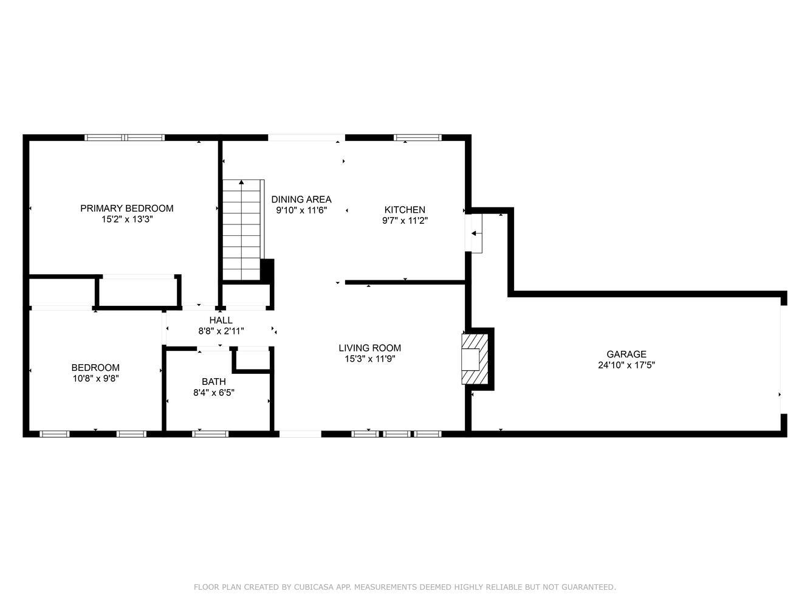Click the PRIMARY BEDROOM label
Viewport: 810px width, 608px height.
click(x=126, y=208)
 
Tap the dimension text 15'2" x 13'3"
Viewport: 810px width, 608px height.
click(x=128, y=219)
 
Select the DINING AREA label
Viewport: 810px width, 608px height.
click(x=301, y=199)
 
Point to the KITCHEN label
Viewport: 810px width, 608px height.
click(x=405, y=210)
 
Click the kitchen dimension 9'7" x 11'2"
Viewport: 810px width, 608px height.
click(x=405, y=221)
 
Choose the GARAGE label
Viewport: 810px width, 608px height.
click(x=626, y=354)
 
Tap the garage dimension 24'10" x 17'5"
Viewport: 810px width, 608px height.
click(x=626, y=365)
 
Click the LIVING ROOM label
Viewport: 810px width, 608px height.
click(x=370, y=348)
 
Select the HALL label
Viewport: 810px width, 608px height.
click(x=221, y=320)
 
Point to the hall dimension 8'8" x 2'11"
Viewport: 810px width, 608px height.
click(x=221, y=331)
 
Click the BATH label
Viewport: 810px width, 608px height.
click(x=214, y=381)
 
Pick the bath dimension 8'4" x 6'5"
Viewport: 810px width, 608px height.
click(x=214, y=392)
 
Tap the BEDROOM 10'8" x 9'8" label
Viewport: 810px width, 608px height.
click(x=95, y=373)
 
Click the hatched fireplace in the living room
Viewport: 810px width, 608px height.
click(x=475, y=359)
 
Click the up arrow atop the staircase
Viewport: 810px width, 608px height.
click(x=241, y=182)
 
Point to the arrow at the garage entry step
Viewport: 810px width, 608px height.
click(x=476, y=233)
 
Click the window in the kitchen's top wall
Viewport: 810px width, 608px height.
click(x=417, y=137)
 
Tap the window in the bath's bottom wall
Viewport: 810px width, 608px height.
click(x=210, y=434)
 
